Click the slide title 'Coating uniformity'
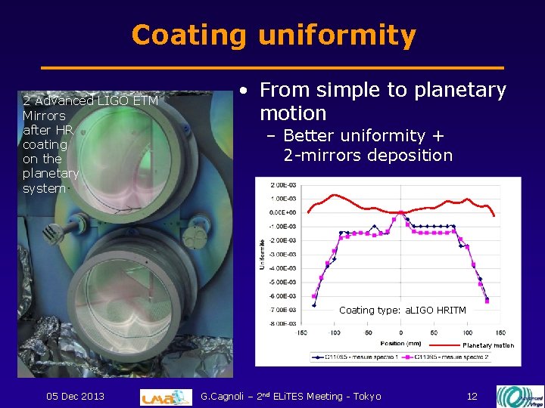click(273, 36)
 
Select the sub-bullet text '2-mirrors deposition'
click(368, 156)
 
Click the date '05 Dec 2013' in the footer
click(75, 397)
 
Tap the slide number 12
click(472, 397)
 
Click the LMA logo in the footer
click(166, 397)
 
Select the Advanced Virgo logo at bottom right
click(519, 396)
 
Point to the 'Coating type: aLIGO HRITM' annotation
click(402, 311)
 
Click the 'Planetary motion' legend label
click(487, 345)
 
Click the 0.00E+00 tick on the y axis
click(285, 212)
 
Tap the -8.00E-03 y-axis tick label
click(284, 323)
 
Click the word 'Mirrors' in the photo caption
click(44, 116)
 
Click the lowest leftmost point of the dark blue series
click(314, 305)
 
